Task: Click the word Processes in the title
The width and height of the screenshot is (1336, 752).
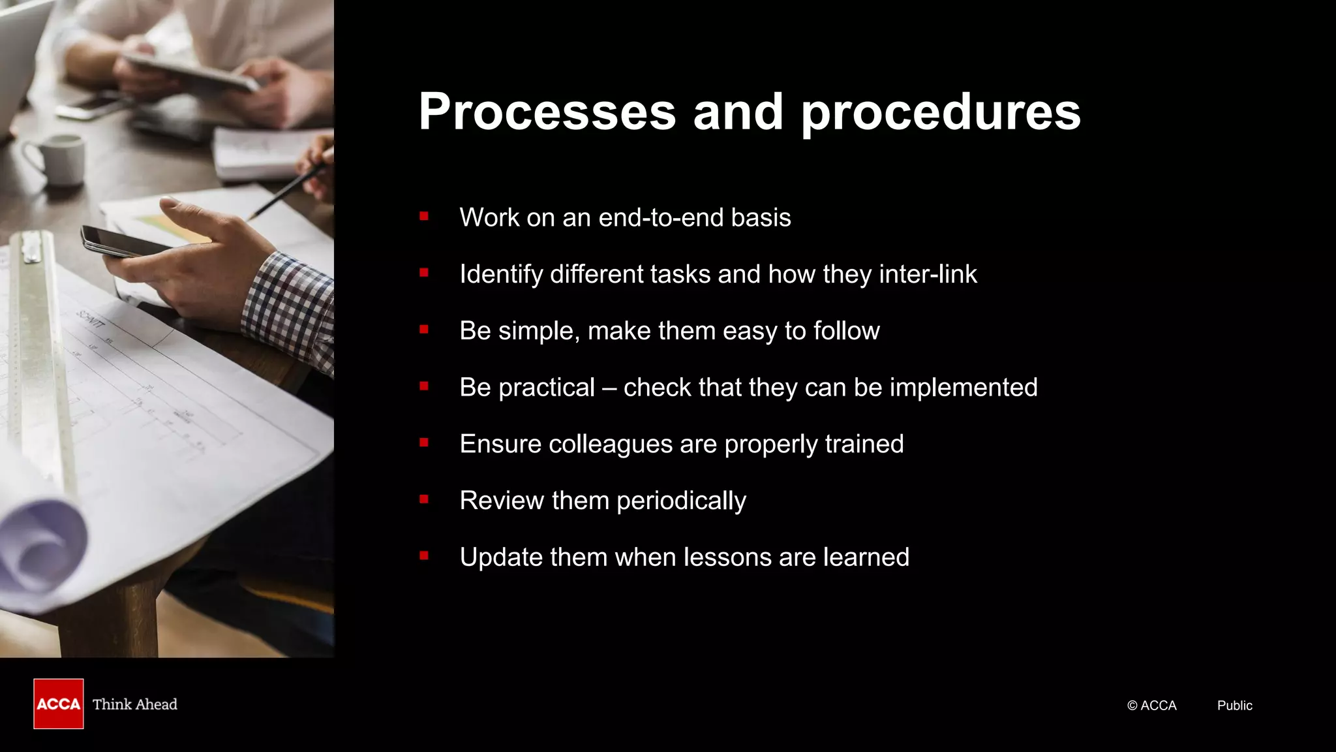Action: tap(547, 112)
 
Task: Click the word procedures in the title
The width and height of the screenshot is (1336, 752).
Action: tap(940, 112)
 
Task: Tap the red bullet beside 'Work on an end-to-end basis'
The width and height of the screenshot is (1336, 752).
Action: tap(424, 216)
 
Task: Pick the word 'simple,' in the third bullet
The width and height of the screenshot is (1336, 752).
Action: tap(539, 331)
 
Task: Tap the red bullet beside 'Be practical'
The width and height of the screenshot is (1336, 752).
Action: tap(424, 386)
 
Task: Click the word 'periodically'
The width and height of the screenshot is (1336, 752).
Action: tap(681, 501)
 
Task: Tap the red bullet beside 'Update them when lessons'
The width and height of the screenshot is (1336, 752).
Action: tap(424, 556)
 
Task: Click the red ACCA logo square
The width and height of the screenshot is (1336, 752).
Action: tap(59, 704)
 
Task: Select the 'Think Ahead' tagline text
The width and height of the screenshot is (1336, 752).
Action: tap(135, 704)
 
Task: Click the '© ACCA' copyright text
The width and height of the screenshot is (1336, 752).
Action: tap(1151, 706)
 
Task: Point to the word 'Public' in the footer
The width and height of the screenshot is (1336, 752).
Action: tap(1234, 706)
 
